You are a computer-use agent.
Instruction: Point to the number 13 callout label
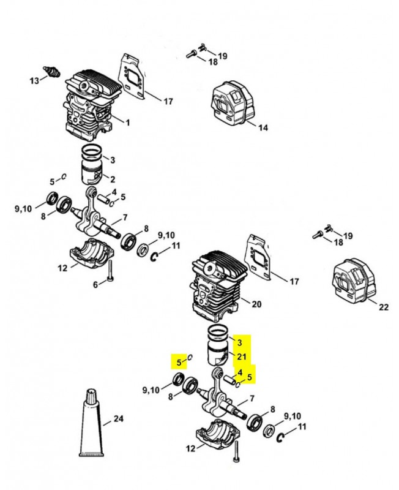(x=34, y=80)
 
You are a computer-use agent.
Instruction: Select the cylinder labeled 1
(x=89, y=107)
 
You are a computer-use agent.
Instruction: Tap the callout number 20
(x=257, y=303)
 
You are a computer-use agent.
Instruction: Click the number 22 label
(x=383, y=307)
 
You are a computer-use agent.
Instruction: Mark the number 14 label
(x=263, y=128)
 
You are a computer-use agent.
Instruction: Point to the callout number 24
(x=119, y=419)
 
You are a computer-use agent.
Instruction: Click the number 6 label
(x=95, y=284)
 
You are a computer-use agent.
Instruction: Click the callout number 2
(x=113, y=179)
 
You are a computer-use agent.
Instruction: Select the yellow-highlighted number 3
(x=240, y=342)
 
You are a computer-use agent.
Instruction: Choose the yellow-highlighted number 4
(x=240, y=372)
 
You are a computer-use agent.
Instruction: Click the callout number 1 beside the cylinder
(x=127, y=122)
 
